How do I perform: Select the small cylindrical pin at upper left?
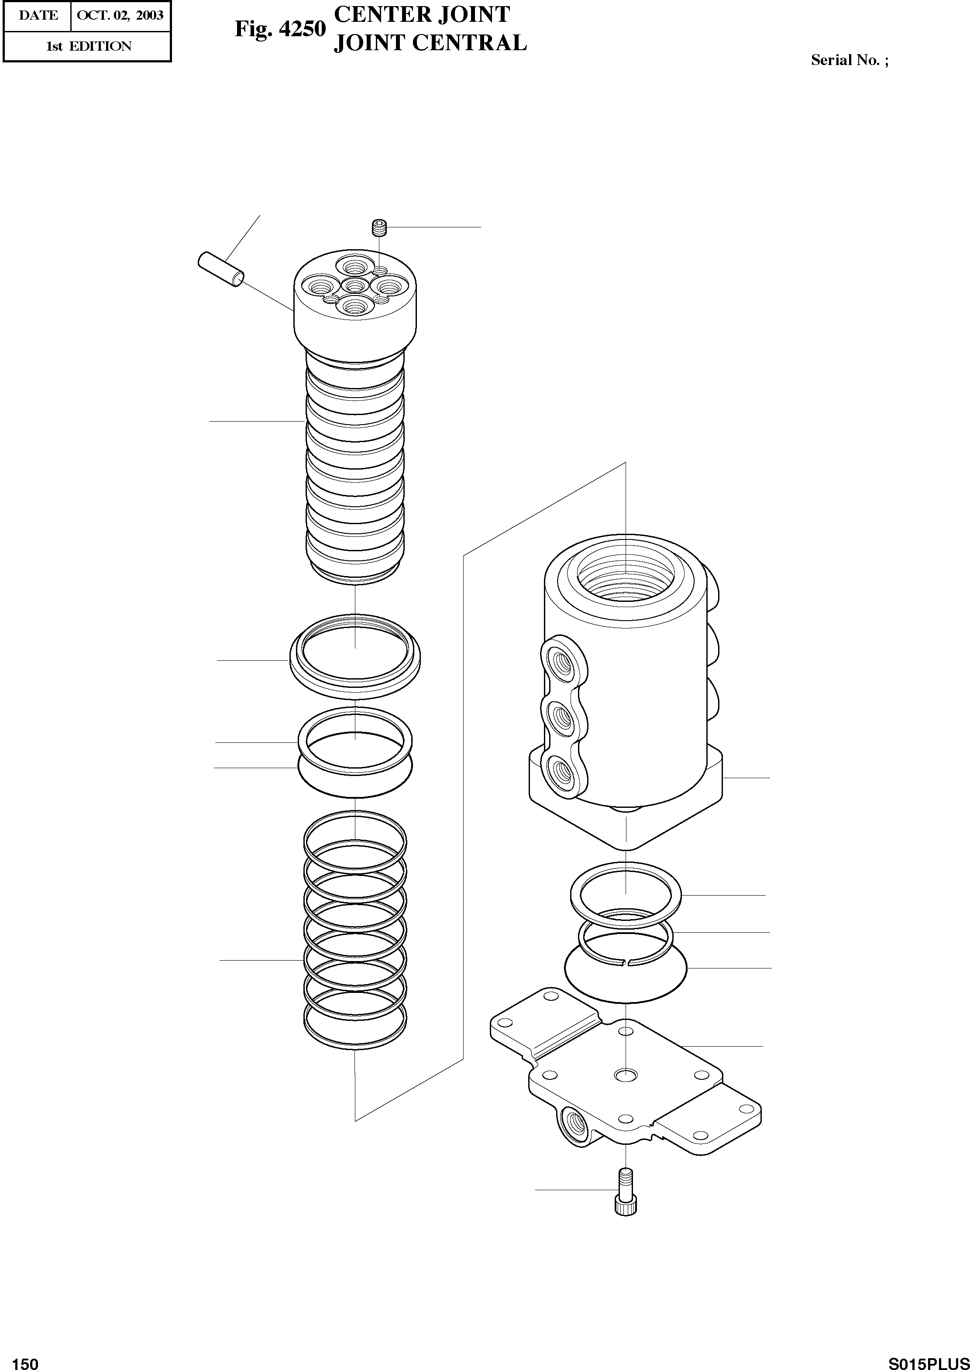coord(220,269)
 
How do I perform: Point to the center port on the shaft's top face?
coord(355,286)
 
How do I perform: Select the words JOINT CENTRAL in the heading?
coord(430,43)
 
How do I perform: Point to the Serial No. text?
coord(849,60)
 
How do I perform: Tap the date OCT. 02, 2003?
coord(120,16)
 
